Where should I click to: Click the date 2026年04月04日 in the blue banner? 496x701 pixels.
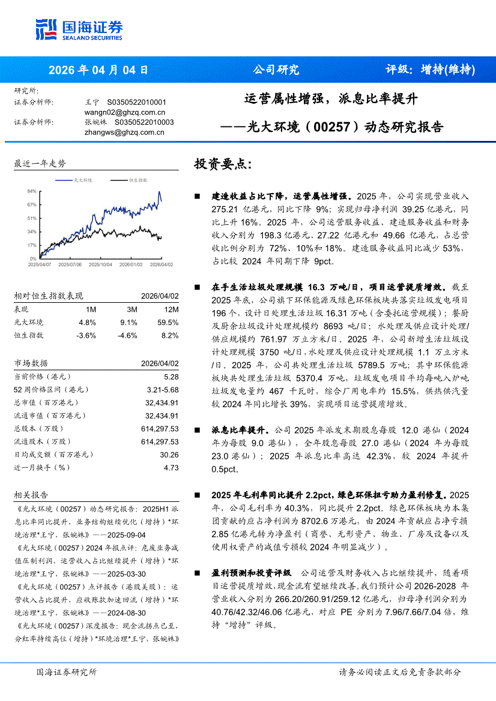coord(98,70)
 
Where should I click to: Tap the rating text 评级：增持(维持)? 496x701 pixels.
coord(430,70)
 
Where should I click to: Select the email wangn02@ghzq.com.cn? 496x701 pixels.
coord(125,112)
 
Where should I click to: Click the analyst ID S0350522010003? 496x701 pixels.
coord(144,122)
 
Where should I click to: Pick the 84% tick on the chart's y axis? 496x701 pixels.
coord(32,191)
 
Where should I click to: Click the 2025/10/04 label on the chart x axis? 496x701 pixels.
coord(99,264)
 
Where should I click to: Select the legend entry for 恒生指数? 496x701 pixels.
coord(138,179)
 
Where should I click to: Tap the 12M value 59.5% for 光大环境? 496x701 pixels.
coord(168,322)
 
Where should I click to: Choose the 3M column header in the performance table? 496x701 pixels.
coord(132,309)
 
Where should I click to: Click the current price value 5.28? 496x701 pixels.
coord(171,377)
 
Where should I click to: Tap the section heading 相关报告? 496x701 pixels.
coord(31,495)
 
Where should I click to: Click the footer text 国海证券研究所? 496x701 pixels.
coord(66,672)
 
